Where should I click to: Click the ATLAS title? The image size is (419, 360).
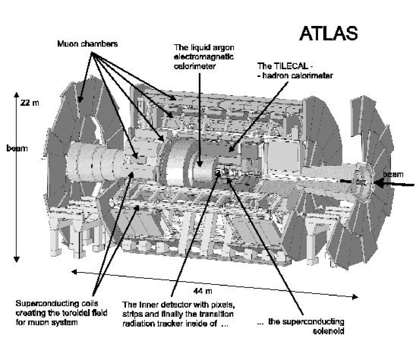click(328, 33)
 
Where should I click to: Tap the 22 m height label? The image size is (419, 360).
click(27, 103)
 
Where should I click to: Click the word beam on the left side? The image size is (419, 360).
click(16, 149)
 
